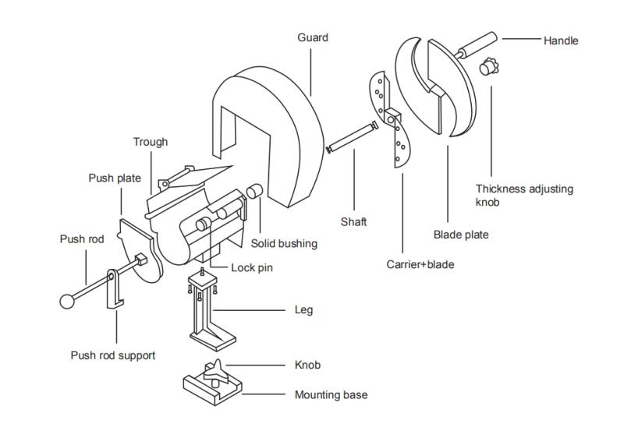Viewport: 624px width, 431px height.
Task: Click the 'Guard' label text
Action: [x=313, y=37]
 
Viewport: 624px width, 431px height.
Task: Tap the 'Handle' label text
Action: [x=561, y=40]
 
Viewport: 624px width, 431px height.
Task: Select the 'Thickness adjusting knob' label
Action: [x=524, y=195]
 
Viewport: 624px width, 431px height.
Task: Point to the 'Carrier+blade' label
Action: [x=420, y=264]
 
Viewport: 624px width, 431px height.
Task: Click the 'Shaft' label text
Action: [x=353, y=222]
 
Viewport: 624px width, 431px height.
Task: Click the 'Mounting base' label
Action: [x=331, y=394]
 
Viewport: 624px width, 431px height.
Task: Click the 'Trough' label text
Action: [x=151, y=142]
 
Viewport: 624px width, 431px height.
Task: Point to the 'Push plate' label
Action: [x=115, y=178]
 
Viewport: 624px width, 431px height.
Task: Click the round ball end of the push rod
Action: [x=68, y=299]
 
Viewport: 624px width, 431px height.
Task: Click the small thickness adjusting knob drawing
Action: [x=488, y=67]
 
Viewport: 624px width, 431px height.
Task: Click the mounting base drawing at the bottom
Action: [x=213, y=386]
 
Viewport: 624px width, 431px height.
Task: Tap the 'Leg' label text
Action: [x=303, y=310]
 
